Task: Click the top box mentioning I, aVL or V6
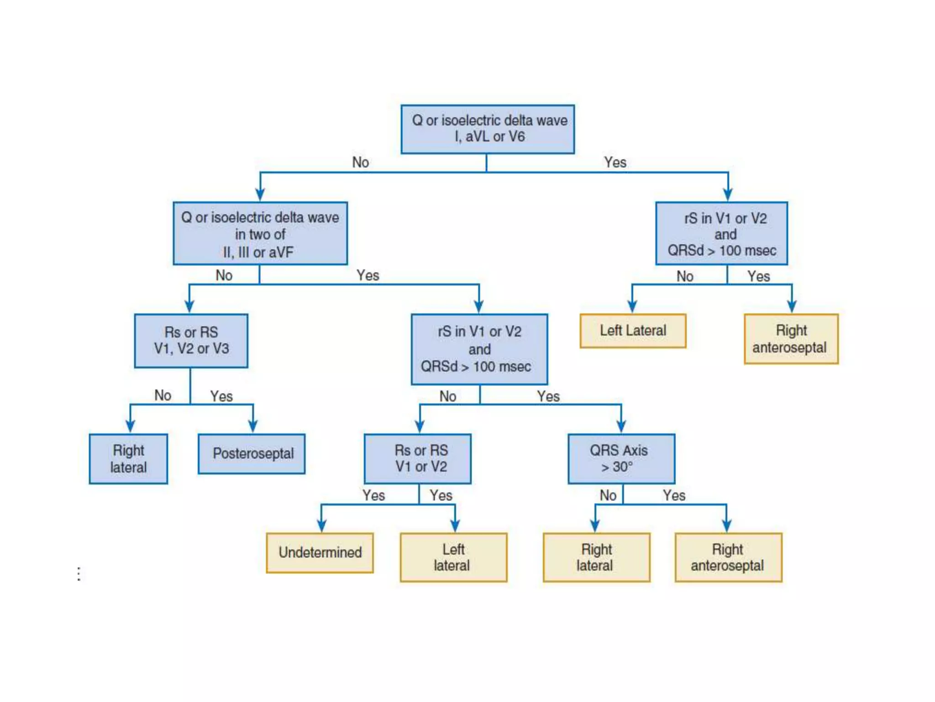tap(488, 129)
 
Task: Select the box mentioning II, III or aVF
tap(260, 234)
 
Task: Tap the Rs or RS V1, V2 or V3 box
tap(191, 340)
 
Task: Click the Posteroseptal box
tap(252, 453)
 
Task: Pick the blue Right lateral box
tap(128, 458)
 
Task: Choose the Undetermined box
tap(320, 553)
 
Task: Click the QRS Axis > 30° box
tap(621, 458)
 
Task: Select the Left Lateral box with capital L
tap(633, 330)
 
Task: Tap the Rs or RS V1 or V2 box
tap(418, 458)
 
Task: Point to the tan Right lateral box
tap(596, 557)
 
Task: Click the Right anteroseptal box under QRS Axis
tap(728, 557)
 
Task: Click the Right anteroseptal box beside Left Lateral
tap(791, 339)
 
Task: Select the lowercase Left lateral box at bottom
tap(453, 557)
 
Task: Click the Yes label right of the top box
tap(615, 162)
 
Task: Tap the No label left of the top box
tap(360, 162)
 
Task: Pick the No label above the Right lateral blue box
tap(163, 395)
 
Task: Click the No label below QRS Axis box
tap(608, 495)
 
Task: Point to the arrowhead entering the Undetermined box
tap(322, 526)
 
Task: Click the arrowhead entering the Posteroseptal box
tap(253, 427)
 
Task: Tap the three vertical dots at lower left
tap(79, 574)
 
